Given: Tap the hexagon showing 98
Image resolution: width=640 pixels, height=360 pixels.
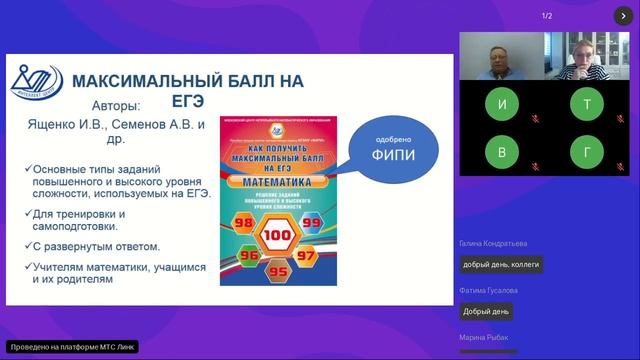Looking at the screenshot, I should [242, 220].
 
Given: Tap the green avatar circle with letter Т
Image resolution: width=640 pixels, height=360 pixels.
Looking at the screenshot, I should [586, 104].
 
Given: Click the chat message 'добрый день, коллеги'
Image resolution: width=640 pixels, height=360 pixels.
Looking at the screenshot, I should [500, 265].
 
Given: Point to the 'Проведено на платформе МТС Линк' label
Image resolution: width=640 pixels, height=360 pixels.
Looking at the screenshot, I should [67, 347].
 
